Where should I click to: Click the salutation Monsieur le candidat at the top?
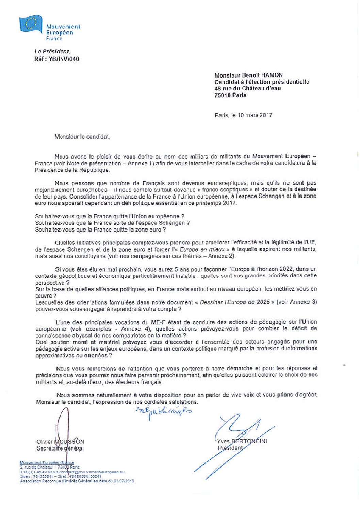coord(82,137)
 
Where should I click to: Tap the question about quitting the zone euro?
coord(100,230)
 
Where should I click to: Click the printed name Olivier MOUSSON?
coord(60,442)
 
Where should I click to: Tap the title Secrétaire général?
coord(60,448)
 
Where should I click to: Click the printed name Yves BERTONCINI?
coord(242,441)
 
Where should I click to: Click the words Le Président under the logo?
coord(52,52)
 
